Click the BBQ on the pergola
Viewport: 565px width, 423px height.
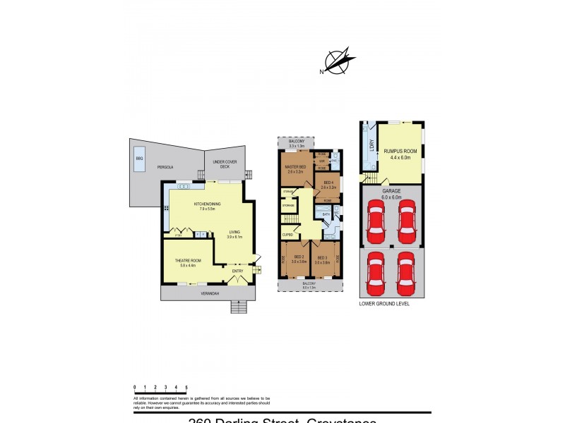139,159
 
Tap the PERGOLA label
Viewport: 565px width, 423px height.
165,167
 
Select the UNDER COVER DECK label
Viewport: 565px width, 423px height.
222,164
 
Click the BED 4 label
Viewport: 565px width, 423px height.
327,185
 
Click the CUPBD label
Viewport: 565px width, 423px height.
288,234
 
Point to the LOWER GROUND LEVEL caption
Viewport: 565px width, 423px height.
384,304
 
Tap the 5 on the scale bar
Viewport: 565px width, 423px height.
186,388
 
